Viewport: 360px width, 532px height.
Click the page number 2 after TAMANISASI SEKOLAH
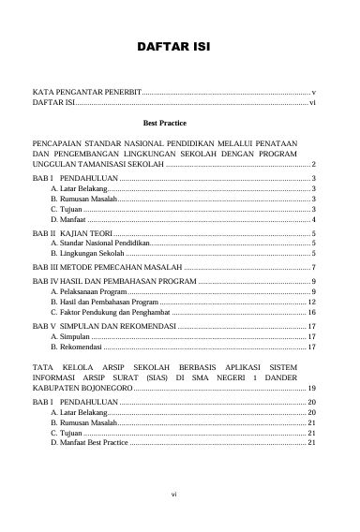(312, 164)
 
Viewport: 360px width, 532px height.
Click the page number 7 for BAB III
(312, 267)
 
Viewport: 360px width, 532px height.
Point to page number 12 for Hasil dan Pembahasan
(310, 303)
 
